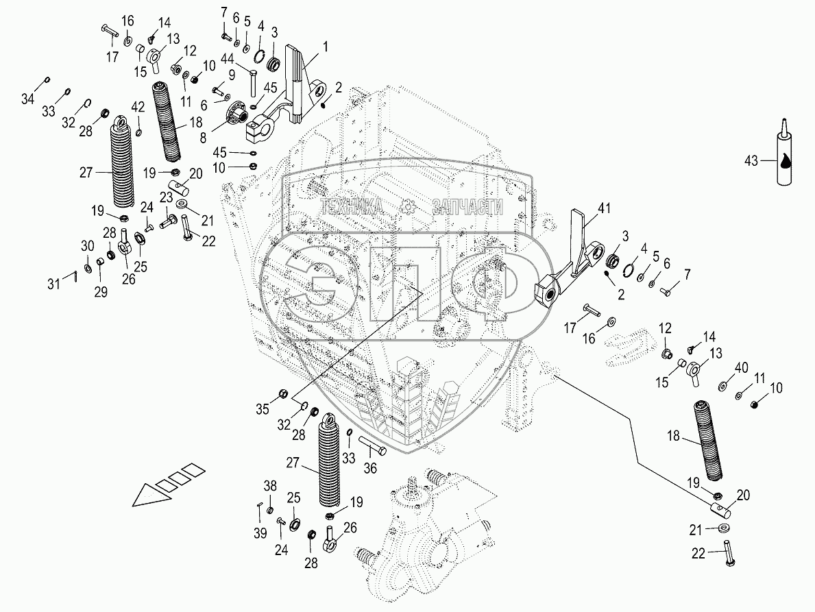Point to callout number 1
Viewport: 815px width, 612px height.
point(326,47)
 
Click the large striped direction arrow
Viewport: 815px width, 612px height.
point(169,487)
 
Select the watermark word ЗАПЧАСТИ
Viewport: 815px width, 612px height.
point(467,206)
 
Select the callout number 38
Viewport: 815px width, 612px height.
point(271,486)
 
